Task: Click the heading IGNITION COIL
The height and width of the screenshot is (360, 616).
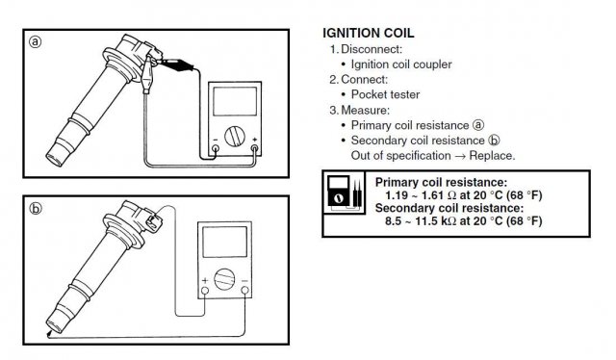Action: pos(368,33)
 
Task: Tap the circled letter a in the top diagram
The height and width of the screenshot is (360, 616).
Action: pos(36,41)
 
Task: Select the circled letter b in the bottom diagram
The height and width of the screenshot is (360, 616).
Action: pos(36,208)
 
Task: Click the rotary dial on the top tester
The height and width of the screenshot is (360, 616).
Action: pos(235,136)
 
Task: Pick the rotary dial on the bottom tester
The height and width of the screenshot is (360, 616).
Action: pos(224,279)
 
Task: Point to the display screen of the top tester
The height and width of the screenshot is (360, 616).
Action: pos(235,101)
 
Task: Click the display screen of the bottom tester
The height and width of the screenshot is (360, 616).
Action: pos(224,243)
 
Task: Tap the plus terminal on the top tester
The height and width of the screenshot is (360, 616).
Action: pos(254,148)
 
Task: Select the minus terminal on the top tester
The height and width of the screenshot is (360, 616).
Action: pos(216,148)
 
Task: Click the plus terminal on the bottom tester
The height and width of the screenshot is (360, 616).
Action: pos(205,291)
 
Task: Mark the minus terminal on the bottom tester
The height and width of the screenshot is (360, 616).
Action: pos(244,291)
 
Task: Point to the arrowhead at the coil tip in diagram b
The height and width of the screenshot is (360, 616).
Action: pos(49,334)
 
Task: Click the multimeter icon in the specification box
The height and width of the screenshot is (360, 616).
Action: pos(344,193)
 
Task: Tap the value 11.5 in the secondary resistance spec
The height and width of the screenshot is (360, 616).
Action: pos(426,220)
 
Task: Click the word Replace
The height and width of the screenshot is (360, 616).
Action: pos(492,156)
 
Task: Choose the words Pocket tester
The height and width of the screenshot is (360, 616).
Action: pos(385,94)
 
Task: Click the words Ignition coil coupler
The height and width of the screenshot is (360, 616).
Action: pos(401,64)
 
